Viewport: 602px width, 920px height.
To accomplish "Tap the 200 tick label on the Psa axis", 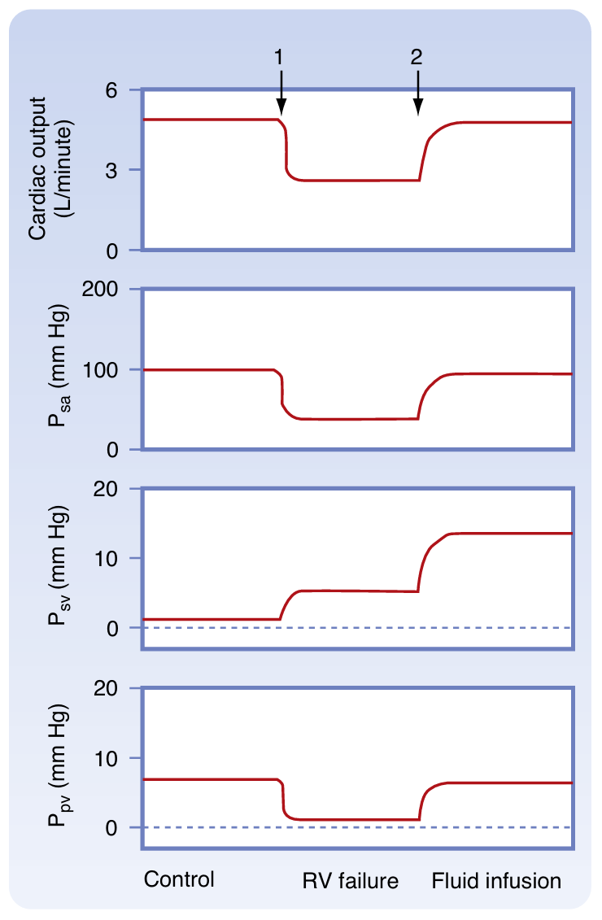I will tap(117, 290).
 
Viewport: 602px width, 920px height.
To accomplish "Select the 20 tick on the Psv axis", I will tap(122, 489).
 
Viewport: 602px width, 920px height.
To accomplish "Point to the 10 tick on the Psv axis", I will tap(122, 559).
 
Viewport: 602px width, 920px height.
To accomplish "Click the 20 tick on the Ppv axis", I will tap(122, 689).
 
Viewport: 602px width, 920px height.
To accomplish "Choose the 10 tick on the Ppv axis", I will tap(122, 758).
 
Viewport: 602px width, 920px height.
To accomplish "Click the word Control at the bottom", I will tap(179, 879).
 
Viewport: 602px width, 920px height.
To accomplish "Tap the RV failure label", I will tap(351, 881).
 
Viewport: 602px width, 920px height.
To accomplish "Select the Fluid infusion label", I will tap(496, 881).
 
